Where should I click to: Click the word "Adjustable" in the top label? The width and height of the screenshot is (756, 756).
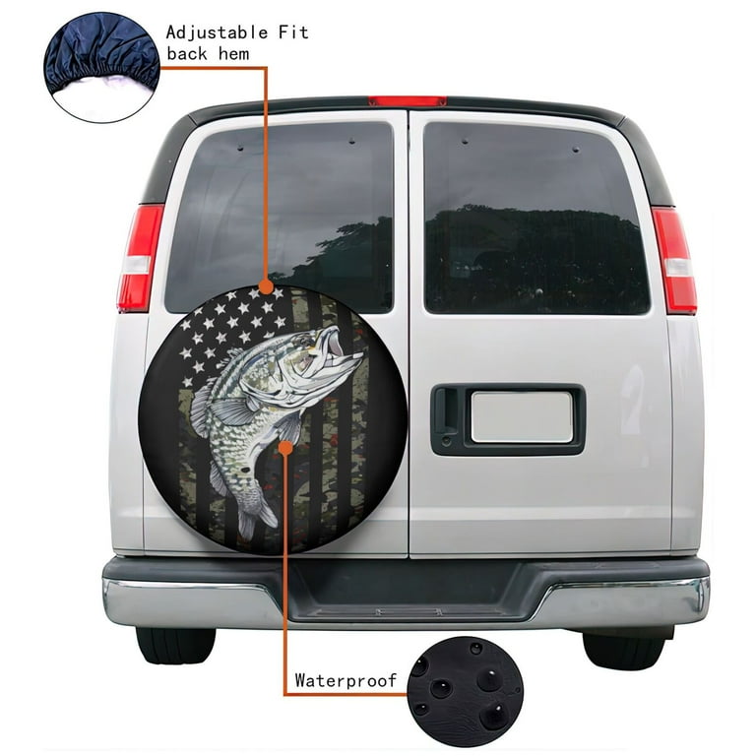[217, 32]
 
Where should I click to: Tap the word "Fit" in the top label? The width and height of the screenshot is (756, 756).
[293, 32]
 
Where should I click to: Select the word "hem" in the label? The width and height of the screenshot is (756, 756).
[234, 53]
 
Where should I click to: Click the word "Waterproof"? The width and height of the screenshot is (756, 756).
[346, 680]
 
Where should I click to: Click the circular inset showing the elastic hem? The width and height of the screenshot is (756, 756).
[101, 67]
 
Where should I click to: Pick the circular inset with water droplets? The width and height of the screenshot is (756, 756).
[466, 691]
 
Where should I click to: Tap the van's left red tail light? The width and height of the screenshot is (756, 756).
[141, 258]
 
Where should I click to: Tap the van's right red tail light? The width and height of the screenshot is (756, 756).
[674, 260]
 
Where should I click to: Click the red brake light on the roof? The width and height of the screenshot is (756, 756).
[408, 101]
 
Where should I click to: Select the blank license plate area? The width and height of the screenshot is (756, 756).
[522, 417]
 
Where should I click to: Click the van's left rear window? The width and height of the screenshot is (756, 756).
[280, 217]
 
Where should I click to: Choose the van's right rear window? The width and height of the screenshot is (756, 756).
[536, 218]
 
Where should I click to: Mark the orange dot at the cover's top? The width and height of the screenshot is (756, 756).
[266, 286]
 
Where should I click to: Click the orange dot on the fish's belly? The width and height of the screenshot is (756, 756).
[285, 448]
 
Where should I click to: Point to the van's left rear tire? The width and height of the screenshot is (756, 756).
[175, 645]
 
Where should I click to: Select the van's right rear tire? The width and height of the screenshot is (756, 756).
[625, 649]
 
